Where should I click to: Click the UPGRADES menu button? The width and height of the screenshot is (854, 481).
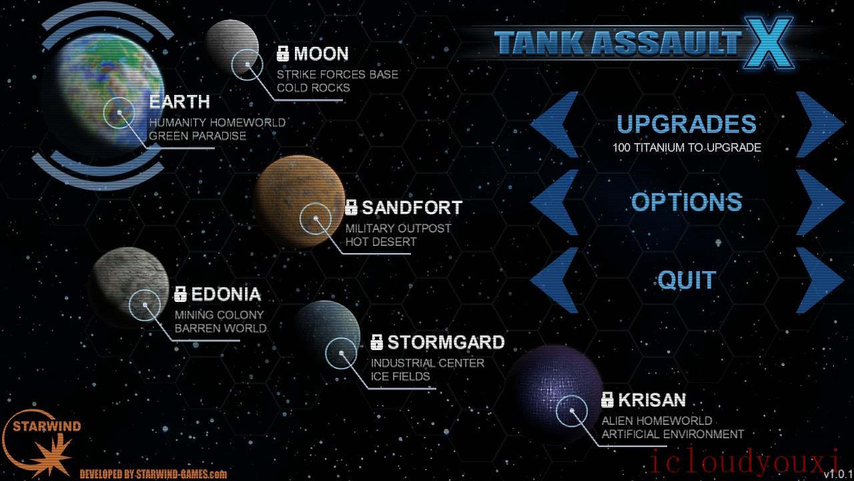687,124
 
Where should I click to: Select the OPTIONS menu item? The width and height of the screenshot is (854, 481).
687,202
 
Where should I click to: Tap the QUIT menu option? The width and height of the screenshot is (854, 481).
687,280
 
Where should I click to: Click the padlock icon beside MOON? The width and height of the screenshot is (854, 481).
283,53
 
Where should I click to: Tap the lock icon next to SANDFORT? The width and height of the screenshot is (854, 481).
351,207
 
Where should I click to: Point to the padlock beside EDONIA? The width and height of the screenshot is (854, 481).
180,294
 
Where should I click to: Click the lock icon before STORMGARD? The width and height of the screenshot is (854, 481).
377,342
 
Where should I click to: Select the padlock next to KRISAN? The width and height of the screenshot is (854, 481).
607,399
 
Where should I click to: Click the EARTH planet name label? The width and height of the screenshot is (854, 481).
179,102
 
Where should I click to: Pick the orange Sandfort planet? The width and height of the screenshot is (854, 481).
300,201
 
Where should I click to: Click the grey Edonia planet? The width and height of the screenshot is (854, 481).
129,287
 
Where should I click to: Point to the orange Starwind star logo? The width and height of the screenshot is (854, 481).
53,456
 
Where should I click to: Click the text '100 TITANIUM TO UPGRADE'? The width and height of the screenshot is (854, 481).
687,148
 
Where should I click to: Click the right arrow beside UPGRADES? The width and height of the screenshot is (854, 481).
820,124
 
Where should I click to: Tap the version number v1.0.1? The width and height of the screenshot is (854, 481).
839,474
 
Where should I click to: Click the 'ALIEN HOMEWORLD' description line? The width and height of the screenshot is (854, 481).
657,421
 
